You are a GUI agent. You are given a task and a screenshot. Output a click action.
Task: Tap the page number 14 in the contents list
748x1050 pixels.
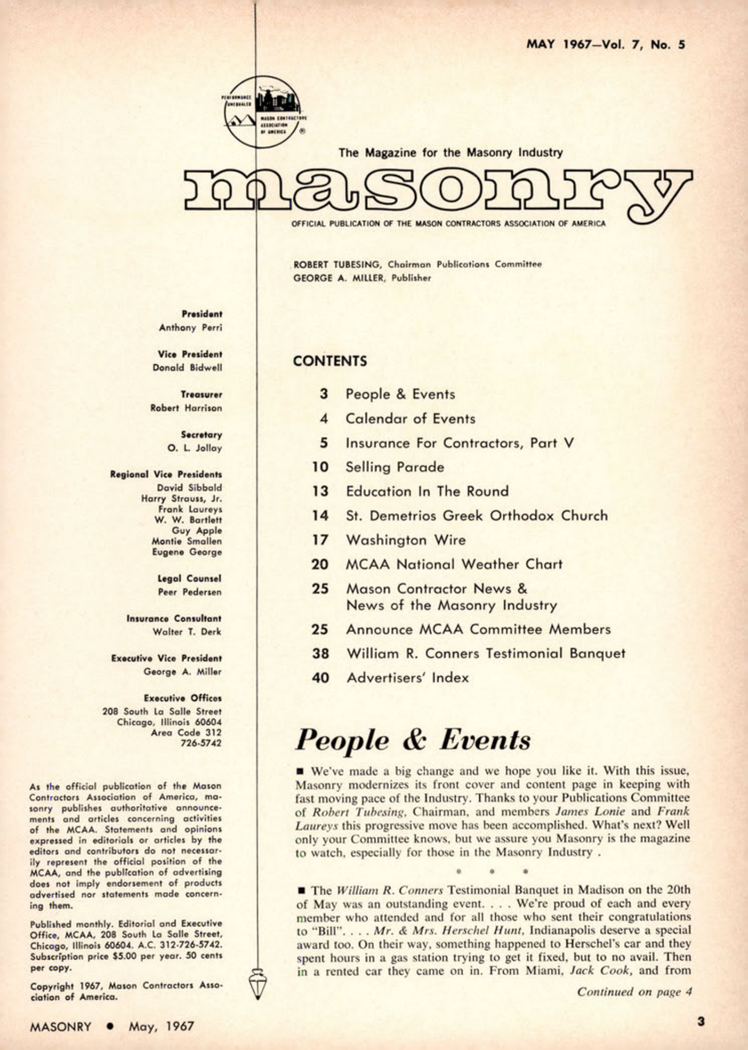pos(320,516)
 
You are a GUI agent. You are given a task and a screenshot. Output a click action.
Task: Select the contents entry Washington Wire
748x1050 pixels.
pos(405,540)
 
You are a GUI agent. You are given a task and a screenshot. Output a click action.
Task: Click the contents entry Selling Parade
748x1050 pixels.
pos(395,467)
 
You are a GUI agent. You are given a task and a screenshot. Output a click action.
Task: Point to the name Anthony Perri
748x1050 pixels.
pos(190,327)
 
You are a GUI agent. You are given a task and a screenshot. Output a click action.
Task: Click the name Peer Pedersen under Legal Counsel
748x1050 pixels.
pos(190,592)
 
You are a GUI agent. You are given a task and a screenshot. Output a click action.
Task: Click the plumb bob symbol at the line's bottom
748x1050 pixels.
pos(258,983)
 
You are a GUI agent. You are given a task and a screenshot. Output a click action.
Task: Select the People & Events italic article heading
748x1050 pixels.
pos(413,740)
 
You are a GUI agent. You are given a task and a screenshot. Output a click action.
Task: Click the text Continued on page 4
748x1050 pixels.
pos(634,992)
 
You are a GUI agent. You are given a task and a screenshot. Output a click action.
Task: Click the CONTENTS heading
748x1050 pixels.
pos(330,361)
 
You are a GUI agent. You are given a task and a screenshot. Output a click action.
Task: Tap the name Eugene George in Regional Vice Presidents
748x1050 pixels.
pos(187,552)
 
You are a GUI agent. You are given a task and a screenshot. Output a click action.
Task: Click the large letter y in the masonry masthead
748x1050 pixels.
pos(659,195)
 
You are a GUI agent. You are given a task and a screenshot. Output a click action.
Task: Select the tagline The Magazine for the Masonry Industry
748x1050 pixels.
pos(450,152)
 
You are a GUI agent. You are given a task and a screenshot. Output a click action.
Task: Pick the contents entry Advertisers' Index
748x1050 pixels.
pos(407,678)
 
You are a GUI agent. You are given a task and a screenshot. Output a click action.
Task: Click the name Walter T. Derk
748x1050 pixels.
pos(187,632)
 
